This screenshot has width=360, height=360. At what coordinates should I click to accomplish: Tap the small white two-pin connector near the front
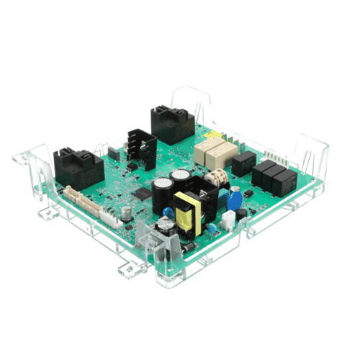pyautogui.click(x=228, y=219)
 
